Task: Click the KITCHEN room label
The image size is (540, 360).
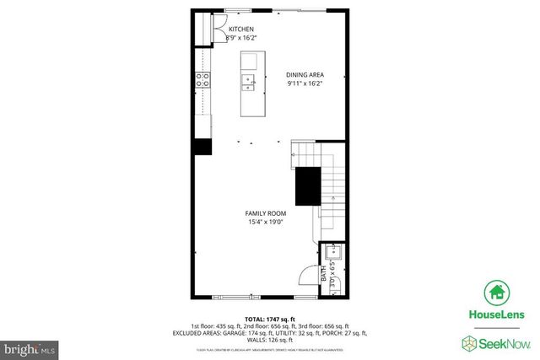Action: [x=241, y=30]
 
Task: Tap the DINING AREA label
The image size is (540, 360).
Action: [x=305, y=74]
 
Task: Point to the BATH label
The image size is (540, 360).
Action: [x=323, y=273]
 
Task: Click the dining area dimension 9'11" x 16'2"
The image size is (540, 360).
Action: [x=305, y=83]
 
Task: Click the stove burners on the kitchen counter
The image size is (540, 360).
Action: [x=202, y=80]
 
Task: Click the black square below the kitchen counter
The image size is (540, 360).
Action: [x=202, y=146]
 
